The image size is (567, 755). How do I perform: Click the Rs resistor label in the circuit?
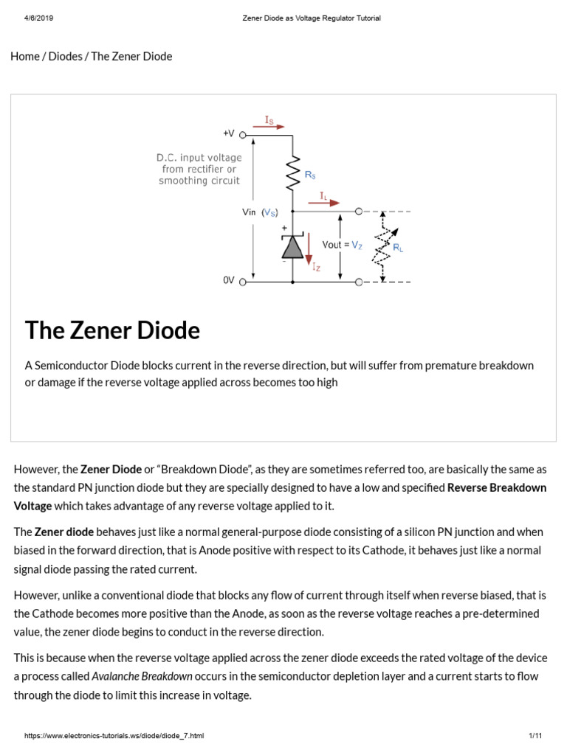click(311, 175)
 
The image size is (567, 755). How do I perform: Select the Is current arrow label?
click(270, 118)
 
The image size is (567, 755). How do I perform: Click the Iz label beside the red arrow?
click(316, 268)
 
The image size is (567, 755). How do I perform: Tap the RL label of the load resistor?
click(399, 249)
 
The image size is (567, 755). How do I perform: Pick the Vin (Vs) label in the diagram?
click(260, 212)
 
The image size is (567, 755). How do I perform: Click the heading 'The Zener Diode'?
click(112, 330)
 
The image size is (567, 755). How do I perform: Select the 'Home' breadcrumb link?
click(25, 56)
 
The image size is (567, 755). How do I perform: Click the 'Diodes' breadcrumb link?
click(65, 56)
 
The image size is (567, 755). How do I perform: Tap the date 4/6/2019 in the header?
click(29, 18)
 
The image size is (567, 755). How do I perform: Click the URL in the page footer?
click(114, 736)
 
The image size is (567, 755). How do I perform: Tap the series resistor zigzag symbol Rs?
click(292, 174)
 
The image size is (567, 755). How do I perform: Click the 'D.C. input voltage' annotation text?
click(199, 157)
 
